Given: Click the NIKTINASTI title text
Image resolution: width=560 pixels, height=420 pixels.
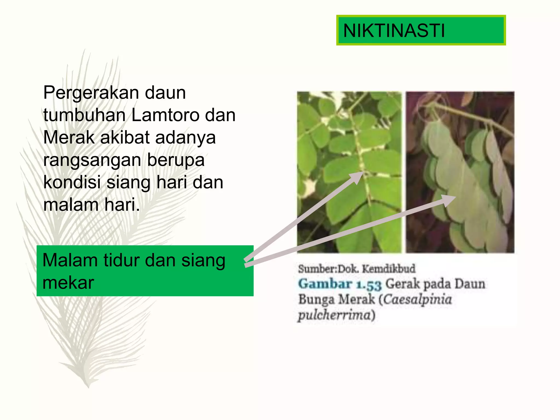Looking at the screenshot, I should tap(394, 30).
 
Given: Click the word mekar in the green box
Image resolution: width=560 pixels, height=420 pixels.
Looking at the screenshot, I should tap(68, 283).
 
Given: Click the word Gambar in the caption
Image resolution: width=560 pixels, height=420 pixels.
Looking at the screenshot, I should tap(325, 284).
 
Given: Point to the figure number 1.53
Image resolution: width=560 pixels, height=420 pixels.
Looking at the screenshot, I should tap(369, 284).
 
